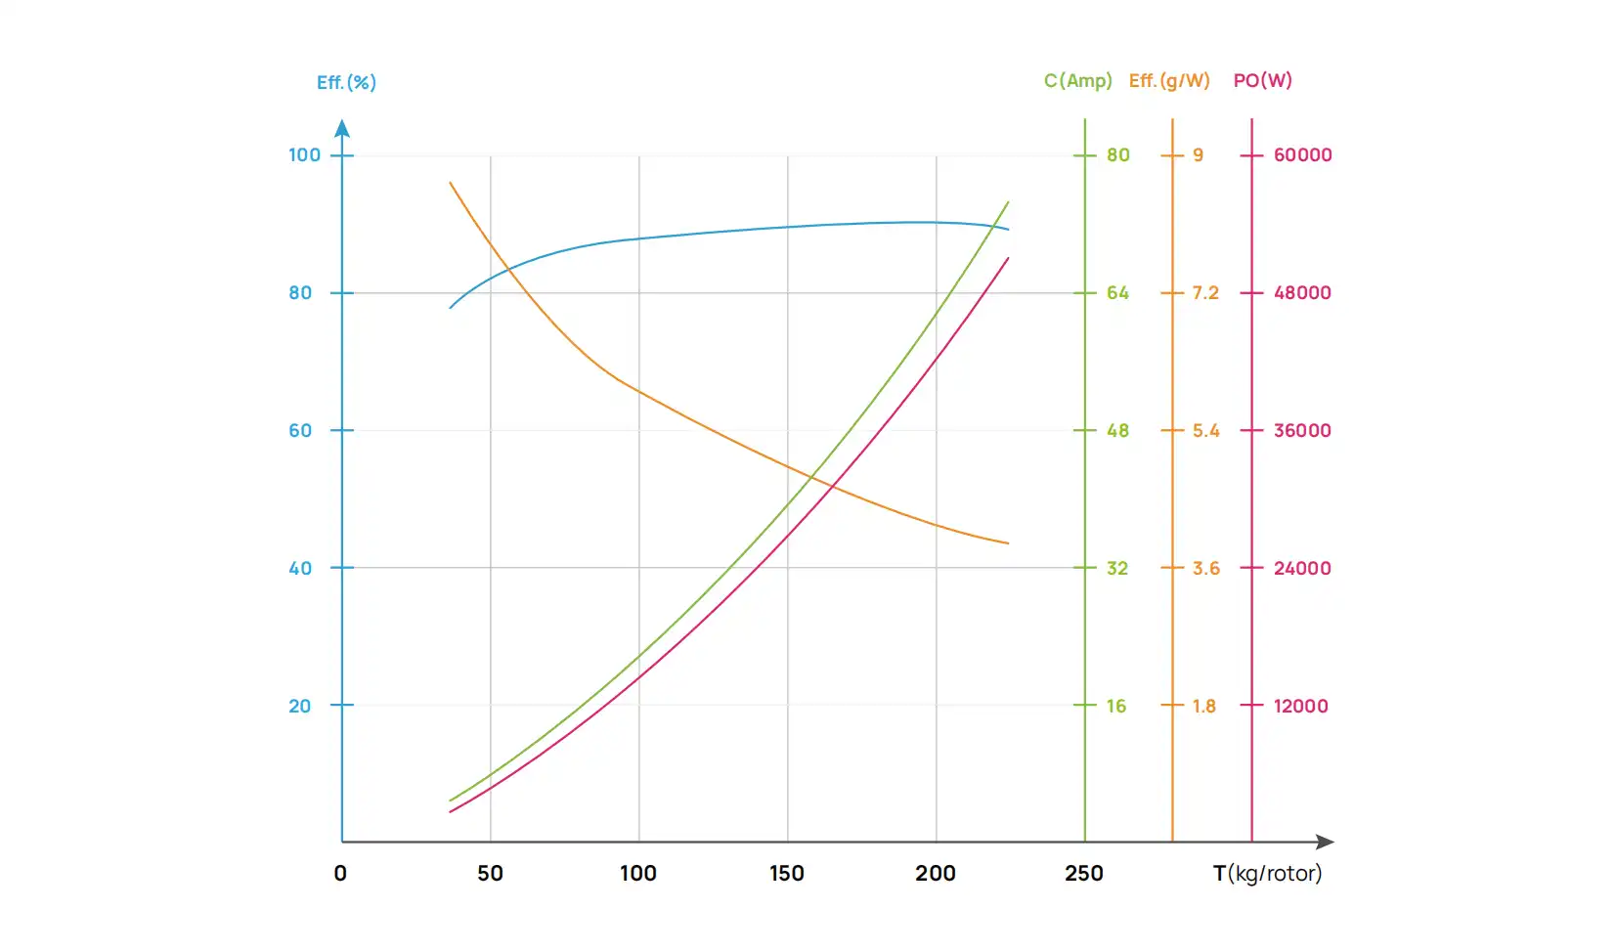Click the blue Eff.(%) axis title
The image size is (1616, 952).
coord(346,82)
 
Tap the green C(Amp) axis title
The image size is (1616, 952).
coord(1077,80)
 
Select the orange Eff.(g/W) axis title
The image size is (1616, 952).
coord(1169,80)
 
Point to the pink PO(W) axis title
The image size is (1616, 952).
coord(1262,80)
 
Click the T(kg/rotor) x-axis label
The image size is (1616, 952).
coord(1267,873)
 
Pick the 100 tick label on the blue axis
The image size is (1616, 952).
coord(304,154)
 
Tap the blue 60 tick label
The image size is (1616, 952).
coord(300,430)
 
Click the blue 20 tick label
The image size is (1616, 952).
coord(300,706)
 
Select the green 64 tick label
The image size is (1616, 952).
coord(1117,292)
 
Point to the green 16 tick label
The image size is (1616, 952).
coord(1116,706)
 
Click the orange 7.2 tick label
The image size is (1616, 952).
coord(1205,292)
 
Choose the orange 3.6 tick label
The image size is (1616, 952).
coord(1205,568)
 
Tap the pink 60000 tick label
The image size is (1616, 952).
coord(1302,154)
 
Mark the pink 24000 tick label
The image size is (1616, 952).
coord(1302,568)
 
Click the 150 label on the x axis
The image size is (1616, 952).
coord(787,873)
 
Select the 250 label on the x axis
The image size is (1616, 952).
coord(1084,873)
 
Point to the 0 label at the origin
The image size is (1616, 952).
coord(340,873)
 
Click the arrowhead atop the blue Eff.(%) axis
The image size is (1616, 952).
coord(342,128)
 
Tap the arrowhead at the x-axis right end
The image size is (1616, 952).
coord(1326,842)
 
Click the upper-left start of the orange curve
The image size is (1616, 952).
coord(451,183)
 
